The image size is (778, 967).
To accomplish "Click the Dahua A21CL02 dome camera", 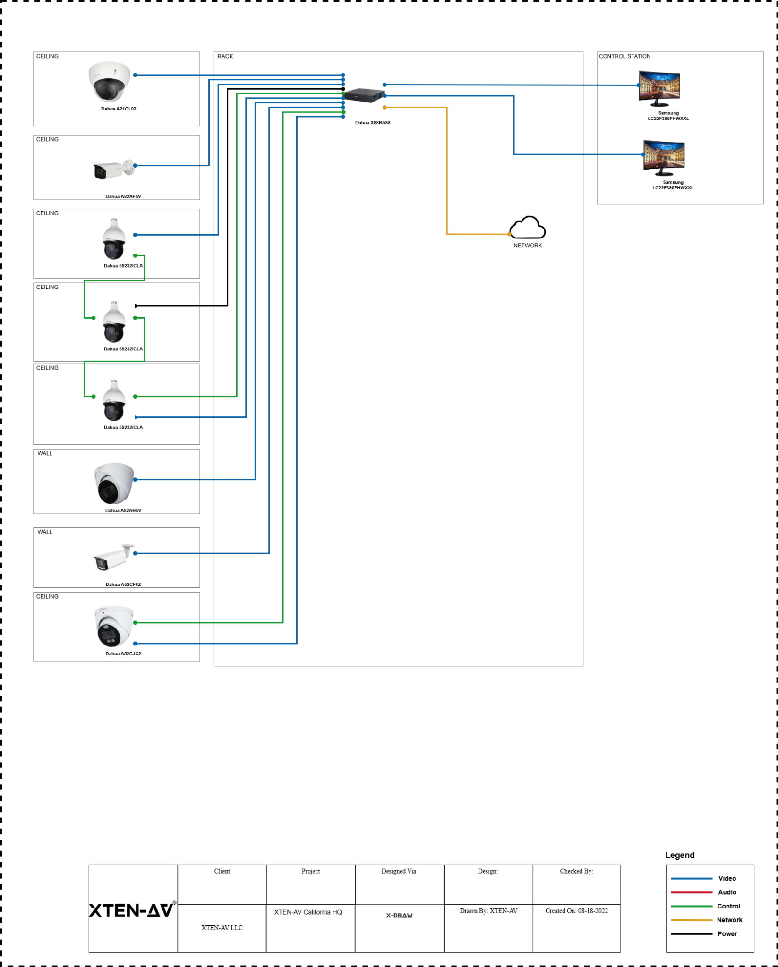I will (109, 81).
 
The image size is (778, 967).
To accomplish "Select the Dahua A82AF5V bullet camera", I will (113, 170).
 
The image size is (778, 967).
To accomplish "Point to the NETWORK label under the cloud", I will (528, 246).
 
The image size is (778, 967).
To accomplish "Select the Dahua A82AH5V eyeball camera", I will (114, 483).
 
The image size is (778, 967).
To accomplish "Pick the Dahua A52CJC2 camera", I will (114, 626).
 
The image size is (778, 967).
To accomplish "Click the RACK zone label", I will (225, 56).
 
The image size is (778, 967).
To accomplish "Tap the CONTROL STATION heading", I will (624, 56).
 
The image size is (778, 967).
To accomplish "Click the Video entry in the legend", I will (727, 878).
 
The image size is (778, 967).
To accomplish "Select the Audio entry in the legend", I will (727, 892).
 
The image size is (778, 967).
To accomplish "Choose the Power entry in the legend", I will (727, 933).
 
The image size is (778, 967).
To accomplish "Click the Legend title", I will (680, 855).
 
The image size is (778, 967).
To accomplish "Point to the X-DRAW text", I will (399, 915).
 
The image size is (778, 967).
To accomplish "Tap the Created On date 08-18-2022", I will (576, 911).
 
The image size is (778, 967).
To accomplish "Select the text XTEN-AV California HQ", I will (308, 912).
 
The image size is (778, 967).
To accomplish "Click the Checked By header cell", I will (576, 871).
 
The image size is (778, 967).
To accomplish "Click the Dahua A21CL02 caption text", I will (119, 109).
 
